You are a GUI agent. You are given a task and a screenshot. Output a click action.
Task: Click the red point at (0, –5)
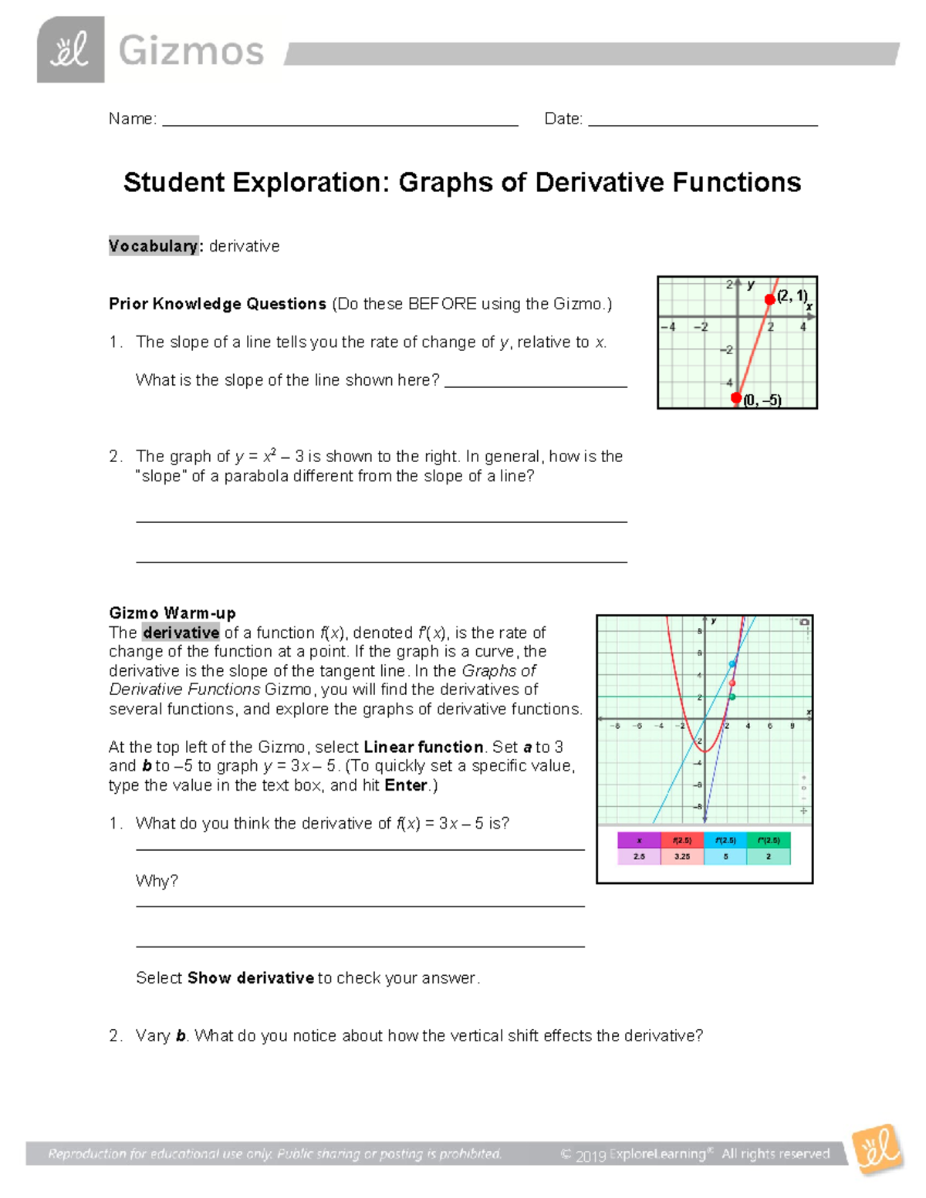point(736,398)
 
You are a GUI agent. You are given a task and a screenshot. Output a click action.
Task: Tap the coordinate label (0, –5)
point(762,400)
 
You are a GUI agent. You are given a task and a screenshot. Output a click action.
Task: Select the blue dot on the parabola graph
point(733,664)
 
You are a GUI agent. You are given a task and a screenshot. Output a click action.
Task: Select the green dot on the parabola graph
point(732,697)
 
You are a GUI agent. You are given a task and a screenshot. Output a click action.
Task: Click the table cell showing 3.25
point(682,856)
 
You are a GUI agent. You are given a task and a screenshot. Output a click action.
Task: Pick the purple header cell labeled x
point(639,840)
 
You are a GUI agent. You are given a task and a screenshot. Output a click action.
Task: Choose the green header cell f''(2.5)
point(769,840)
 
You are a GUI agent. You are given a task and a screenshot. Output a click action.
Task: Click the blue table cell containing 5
point(725,856)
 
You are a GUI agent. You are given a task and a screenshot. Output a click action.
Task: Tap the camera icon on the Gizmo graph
point(804,622)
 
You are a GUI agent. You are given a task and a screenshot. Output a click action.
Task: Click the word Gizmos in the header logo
point(191,52)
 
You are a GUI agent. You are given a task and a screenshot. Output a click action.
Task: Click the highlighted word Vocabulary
point(154,246)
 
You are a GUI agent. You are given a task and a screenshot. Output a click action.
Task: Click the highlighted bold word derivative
point(181,633)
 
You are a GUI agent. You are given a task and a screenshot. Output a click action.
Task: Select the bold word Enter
point(406,785)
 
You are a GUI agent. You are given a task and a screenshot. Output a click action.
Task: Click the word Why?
point(157,881)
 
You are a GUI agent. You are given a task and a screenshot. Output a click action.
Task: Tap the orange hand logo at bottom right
point(877,1149)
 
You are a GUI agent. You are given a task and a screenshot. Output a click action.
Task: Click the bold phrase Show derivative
point(251,978)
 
